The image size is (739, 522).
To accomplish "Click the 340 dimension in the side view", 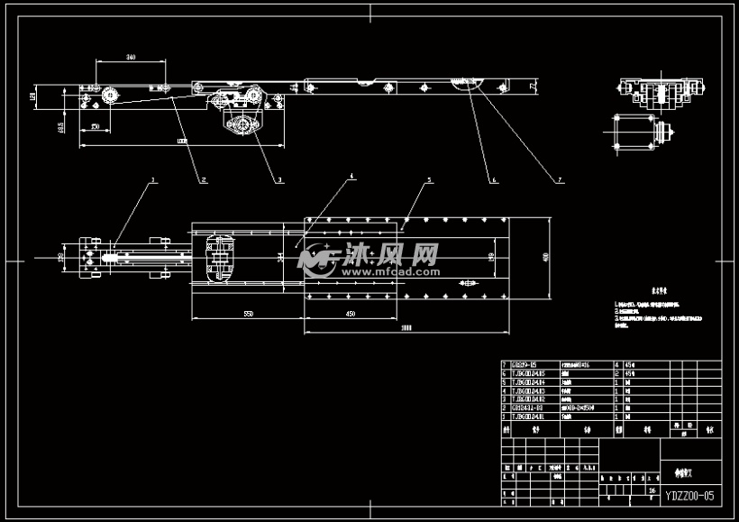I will pyautogui.click(x=131, y=57).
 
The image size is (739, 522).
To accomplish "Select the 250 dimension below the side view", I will pyautogui.click(x=95, y=128).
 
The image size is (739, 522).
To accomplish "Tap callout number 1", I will pyautogui.click(x=153, y=180).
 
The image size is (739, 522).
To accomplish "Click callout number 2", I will pyautogui.click(x=204, y=180).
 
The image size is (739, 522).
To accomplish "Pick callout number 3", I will pyautogui.click(x=279, y=180).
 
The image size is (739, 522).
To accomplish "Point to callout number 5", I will pyautogui.click(x=429, y=180).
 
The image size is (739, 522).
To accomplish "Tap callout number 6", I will pyautogui.click(x=494, y=180).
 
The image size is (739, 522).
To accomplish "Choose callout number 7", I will pyautogui.click(x=559, y=180).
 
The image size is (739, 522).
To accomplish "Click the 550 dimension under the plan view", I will pyautogui.click(x=247, y=313).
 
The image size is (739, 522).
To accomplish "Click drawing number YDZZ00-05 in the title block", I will pyautogui.click(x=689, y=495).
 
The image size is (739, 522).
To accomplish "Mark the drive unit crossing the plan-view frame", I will pyautogui.click(x=220, y=259).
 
